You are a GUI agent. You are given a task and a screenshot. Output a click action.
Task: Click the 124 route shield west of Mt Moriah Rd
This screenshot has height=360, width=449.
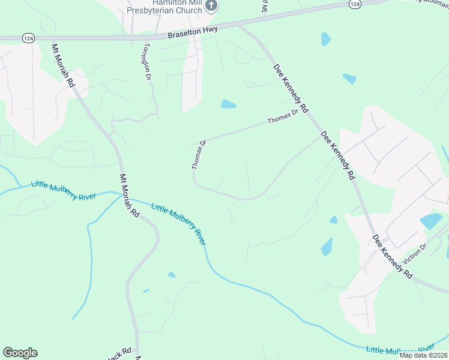tap(28, 38)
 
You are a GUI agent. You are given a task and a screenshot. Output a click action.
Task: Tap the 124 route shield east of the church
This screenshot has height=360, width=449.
tap(355, 4)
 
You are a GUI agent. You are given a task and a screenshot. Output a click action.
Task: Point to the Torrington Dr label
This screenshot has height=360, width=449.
tap(146, 61)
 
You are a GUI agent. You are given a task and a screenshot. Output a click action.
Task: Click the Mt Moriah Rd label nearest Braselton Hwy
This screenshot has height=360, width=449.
tap(63, 66)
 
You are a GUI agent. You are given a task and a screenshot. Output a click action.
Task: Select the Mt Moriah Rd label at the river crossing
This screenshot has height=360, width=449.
tap(130, 196)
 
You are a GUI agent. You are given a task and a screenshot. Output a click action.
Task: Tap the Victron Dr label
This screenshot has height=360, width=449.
tap(414, 254)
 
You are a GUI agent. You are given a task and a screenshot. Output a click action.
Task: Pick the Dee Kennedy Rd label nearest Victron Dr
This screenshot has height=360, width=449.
tap(393, 256)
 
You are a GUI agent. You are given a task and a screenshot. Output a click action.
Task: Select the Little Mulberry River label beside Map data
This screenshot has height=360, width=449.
tap(400, 349)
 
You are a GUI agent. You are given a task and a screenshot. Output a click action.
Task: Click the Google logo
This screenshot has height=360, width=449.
tap(20, 353)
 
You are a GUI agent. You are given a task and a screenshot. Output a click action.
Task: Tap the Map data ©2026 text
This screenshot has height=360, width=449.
tap(423, 355)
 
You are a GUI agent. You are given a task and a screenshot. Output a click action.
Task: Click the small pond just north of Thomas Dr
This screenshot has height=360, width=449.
tap(228, 104)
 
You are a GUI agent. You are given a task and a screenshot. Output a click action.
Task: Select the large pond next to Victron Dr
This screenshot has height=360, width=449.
tap(431, 221)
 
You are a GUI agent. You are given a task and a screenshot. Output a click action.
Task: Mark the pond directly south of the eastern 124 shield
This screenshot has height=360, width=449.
tap(325, 39)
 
